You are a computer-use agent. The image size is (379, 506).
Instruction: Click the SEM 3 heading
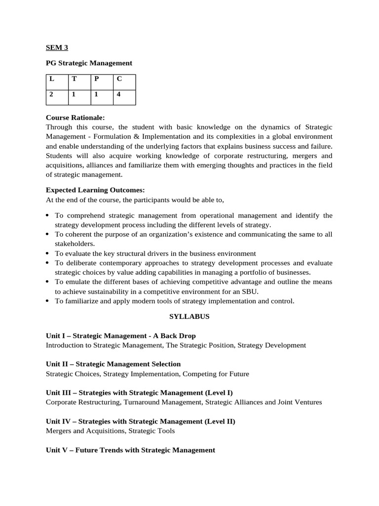pos(57,48)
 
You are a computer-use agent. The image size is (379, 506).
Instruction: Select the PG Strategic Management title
pos(89,63)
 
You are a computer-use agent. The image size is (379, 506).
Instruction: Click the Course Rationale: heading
pos(76,118)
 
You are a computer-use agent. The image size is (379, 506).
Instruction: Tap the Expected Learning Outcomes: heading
pos(95,190)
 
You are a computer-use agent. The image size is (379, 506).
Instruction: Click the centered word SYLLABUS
pos(189,316)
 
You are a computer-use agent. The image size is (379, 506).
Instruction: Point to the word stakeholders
pos(74,244)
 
